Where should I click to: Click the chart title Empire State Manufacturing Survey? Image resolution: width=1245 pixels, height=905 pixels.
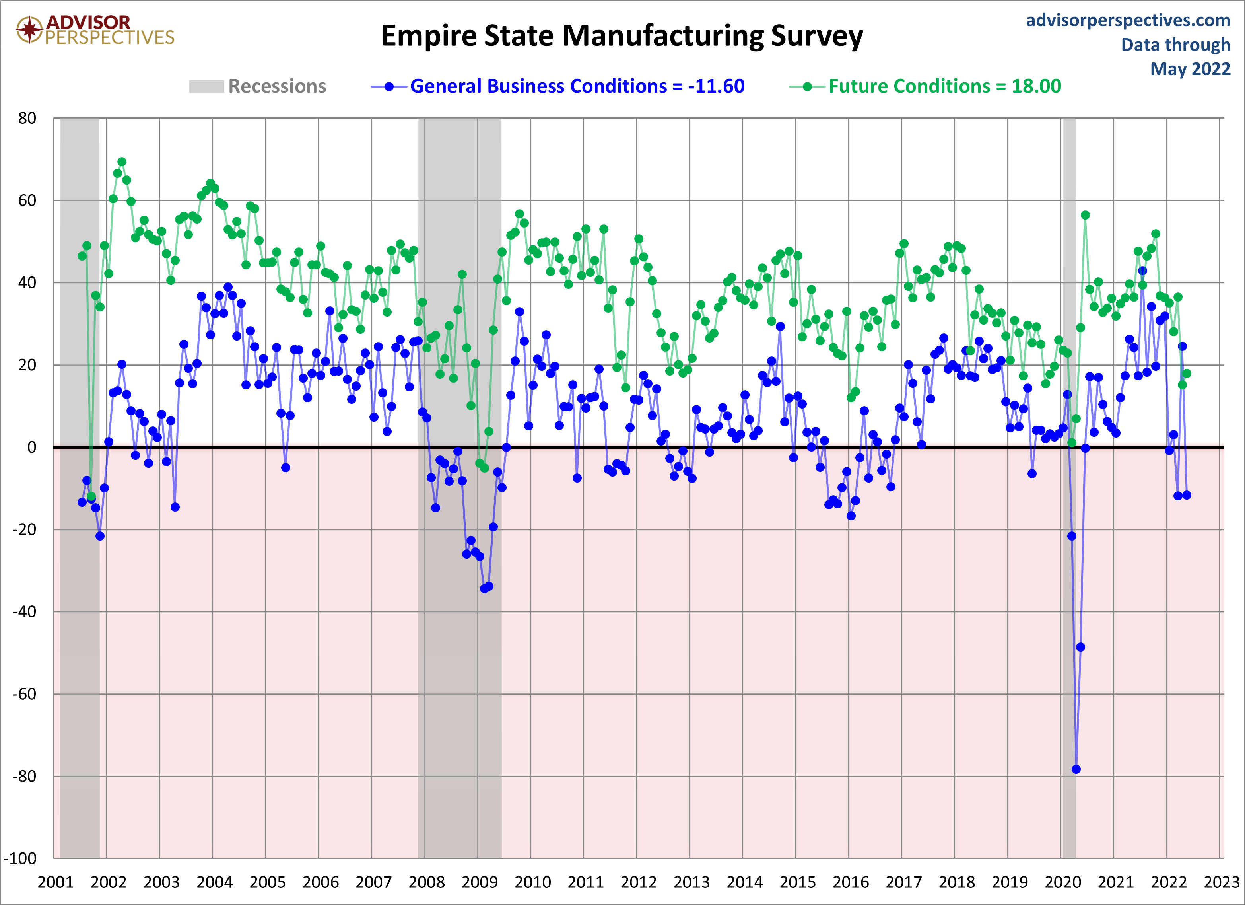pyautogui.click(x=622, y=36)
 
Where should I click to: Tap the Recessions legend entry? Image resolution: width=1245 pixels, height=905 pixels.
pyautogui.click(x=257, y=86)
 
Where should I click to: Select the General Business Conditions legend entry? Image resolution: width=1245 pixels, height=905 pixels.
pyautogui.click(x=558, y=86)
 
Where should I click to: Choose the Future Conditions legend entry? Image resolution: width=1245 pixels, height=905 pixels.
pyautogui.click(x=925, y=86)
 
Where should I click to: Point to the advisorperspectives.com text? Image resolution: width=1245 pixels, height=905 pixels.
pyautogui.click(x=1128, y=20)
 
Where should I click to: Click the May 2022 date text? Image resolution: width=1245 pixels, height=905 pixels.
pyautogui.click(x=1190, y=69)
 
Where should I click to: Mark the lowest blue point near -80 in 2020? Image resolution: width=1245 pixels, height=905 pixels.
pyautogui.click(x=1076, y=769)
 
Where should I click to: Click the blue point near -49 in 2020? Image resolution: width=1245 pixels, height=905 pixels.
pyautogui.click(x=1080, y=647)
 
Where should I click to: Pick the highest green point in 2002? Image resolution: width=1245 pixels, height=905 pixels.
pyautogui.click(x=122, y=162)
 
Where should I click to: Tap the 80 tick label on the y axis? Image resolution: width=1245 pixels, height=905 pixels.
pyautogui.click(x=27, y=118)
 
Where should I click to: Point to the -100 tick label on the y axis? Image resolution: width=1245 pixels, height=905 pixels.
pyautogui.click(x=20, y=858)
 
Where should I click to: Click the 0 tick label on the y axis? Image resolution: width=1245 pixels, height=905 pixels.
pyautogui.click(x=32, y=447)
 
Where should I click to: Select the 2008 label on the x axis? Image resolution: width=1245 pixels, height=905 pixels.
pyautogui.click(x=427, y=882)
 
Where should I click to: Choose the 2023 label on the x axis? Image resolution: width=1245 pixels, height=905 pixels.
pyautogui.click(x=1222, y=882)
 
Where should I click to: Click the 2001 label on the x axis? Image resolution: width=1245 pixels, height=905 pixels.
pyautogui.click(x=55, y=882)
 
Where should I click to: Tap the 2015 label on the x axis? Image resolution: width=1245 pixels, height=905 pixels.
pyautogui.click(x=798, y=882)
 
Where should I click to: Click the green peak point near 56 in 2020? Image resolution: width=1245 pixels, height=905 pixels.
pyautogui.click(x=1085, y=215)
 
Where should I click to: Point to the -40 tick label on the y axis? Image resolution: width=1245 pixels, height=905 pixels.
pyautogui.click(x=24, y=612)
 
